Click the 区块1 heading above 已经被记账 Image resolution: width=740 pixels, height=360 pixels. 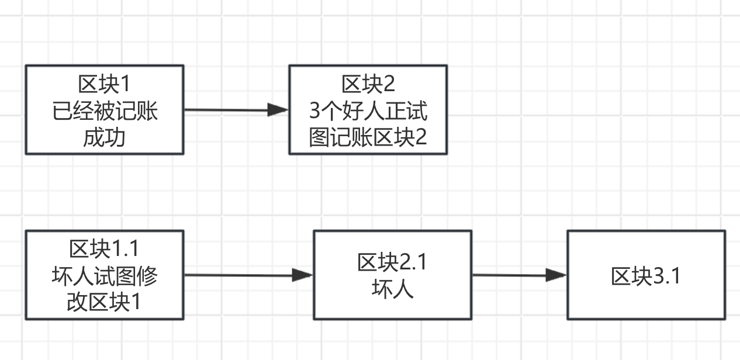pyautogui.click(x=105, y=84)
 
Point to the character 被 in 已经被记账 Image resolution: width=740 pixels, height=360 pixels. pyautogui.click(x=105, y=111)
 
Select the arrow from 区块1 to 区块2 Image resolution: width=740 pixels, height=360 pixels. pyautogui.click(x=228, y=110)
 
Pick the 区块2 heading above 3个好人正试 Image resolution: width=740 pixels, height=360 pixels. pyautogui.click(x=368, y=84)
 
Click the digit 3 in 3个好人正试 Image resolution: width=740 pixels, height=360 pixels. pyautogui.click(x=314, y=111)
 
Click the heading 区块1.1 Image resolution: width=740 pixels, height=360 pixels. pyautogui.click(x=105, y=249)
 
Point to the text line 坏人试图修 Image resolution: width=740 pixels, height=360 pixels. pyautogui.click(x=105, y=276)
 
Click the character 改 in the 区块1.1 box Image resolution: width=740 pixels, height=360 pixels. pyautogui.click(x=77, y=303)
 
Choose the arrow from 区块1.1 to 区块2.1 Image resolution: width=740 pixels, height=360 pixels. pyautogui.click(x=240, y=275)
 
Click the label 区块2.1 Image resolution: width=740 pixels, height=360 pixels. pyautogui.click(x=392, y=263)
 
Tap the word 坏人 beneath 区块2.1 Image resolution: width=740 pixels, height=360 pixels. pyautogui.click(x=392, y=289)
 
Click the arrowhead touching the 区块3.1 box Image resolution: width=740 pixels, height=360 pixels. pyautogui.click(x=556, y=275)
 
